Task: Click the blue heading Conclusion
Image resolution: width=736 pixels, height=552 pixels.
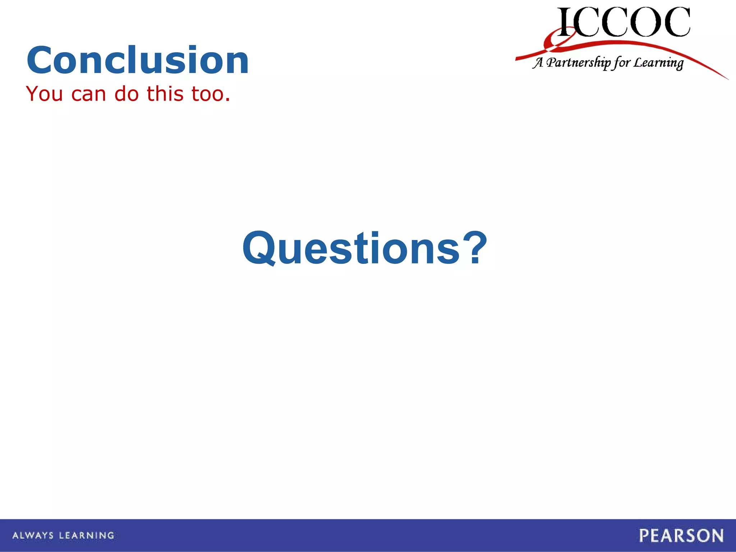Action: point(138,60)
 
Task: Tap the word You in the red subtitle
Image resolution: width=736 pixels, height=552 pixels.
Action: point(45,94)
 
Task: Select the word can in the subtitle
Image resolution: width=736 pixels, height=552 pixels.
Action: point(89,94)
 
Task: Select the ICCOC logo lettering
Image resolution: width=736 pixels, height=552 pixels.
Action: point(624,22)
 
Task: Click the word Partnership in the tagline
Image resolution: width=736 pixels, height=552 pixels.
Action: point(579,63)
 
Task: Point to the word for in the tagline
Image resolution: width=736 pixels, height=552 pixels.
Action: point(622,63)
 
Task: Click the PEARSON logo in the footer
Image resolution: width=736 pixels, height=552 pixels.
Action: point(681,535)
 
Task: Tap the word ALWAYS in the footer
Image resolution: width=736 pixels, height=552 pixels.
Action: point(33,535)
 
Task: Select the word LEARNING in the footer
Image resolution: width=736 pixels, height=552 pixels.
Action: point(87,535)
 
